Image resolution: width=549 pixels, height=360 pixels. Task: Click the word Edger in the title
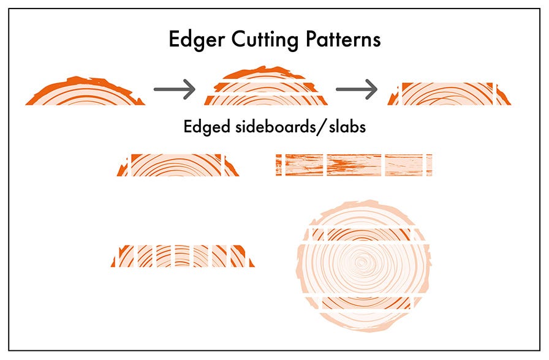coord(197,40)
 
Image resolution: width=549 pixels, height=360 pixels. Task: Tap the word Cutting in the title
coord(265,40)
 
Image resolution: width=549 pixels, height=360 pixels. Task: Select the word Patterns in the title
coord(343,39)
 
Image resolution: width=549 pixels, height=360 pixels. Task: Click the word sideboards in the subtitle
coord(275,126)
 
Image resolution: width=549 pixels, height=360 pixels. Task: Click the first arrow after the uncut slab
coord(175,89)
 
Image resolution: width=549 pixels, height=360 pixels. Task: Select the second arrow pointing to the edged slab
coord(357,89)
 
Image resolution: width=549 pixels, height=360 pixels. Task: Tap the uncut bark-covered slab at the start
coord(85,92)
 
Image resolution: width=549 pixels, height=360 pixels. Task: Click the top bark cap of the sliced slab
coord(263,73)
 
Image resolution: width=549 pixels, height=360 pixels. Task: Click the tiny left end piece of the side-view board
coord(279,165)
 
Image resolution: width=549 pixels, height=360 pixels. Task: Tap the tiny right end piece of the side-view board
coord(430,165)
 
